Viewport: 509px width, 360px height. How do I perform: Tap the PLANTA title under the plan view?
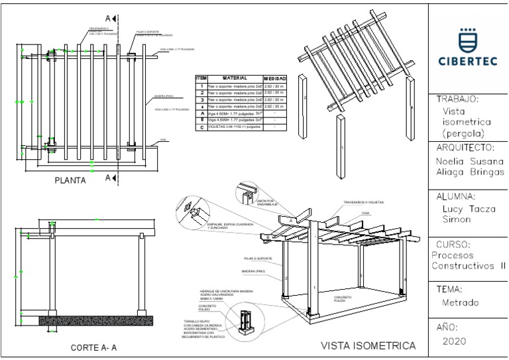[x=71, y=179]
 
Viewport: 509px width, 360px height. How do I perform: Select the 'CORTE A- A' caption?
[x=94, y=347]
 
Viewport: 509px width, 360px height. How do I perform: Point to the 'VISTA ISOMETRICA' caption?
[x=368, y=345]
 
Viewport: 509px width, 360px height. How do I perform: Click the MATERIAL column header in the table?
[x=235, y=78]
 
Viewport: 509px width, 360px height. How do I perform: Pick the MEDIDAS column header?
[x=274, y=78]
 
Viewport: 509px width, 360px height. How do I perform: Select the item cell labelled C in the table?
[x=201, y=127]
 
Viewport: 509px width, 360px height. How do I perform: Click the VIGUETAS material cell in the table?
[x=233, y=127]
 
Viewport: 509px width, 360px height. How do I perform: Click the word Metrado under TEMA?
[x=460, y=303]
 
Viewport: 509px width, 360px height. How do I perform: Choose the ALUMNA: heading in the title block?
[x=457, y=196]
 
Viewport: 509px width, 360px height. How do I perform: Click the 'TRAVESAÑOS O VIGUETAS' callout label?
[x=363, y=202]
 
